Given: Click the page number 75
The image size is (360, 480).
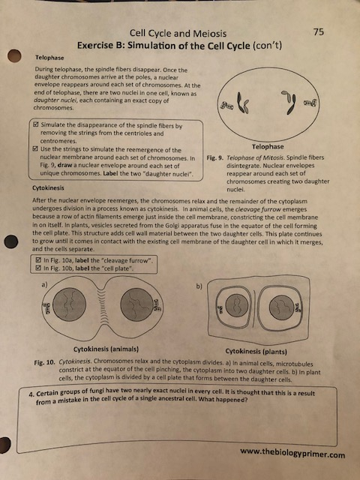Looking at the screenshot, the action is coord(319,31).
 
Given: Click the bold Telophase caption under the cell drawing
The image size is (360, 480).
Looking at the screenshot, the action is coord(268,146).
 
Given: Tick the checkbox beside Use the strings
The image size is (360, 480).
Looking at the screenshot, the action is coord(39,149).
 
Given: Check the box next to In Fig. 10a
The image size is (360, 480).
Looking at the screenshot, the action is coord(39,259).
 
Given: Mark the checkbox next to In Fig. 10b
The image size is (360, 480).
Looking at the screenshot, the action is coord(39,267).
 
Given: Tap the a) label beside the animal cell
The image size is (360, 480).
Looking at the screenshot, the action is coord(46,283).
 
